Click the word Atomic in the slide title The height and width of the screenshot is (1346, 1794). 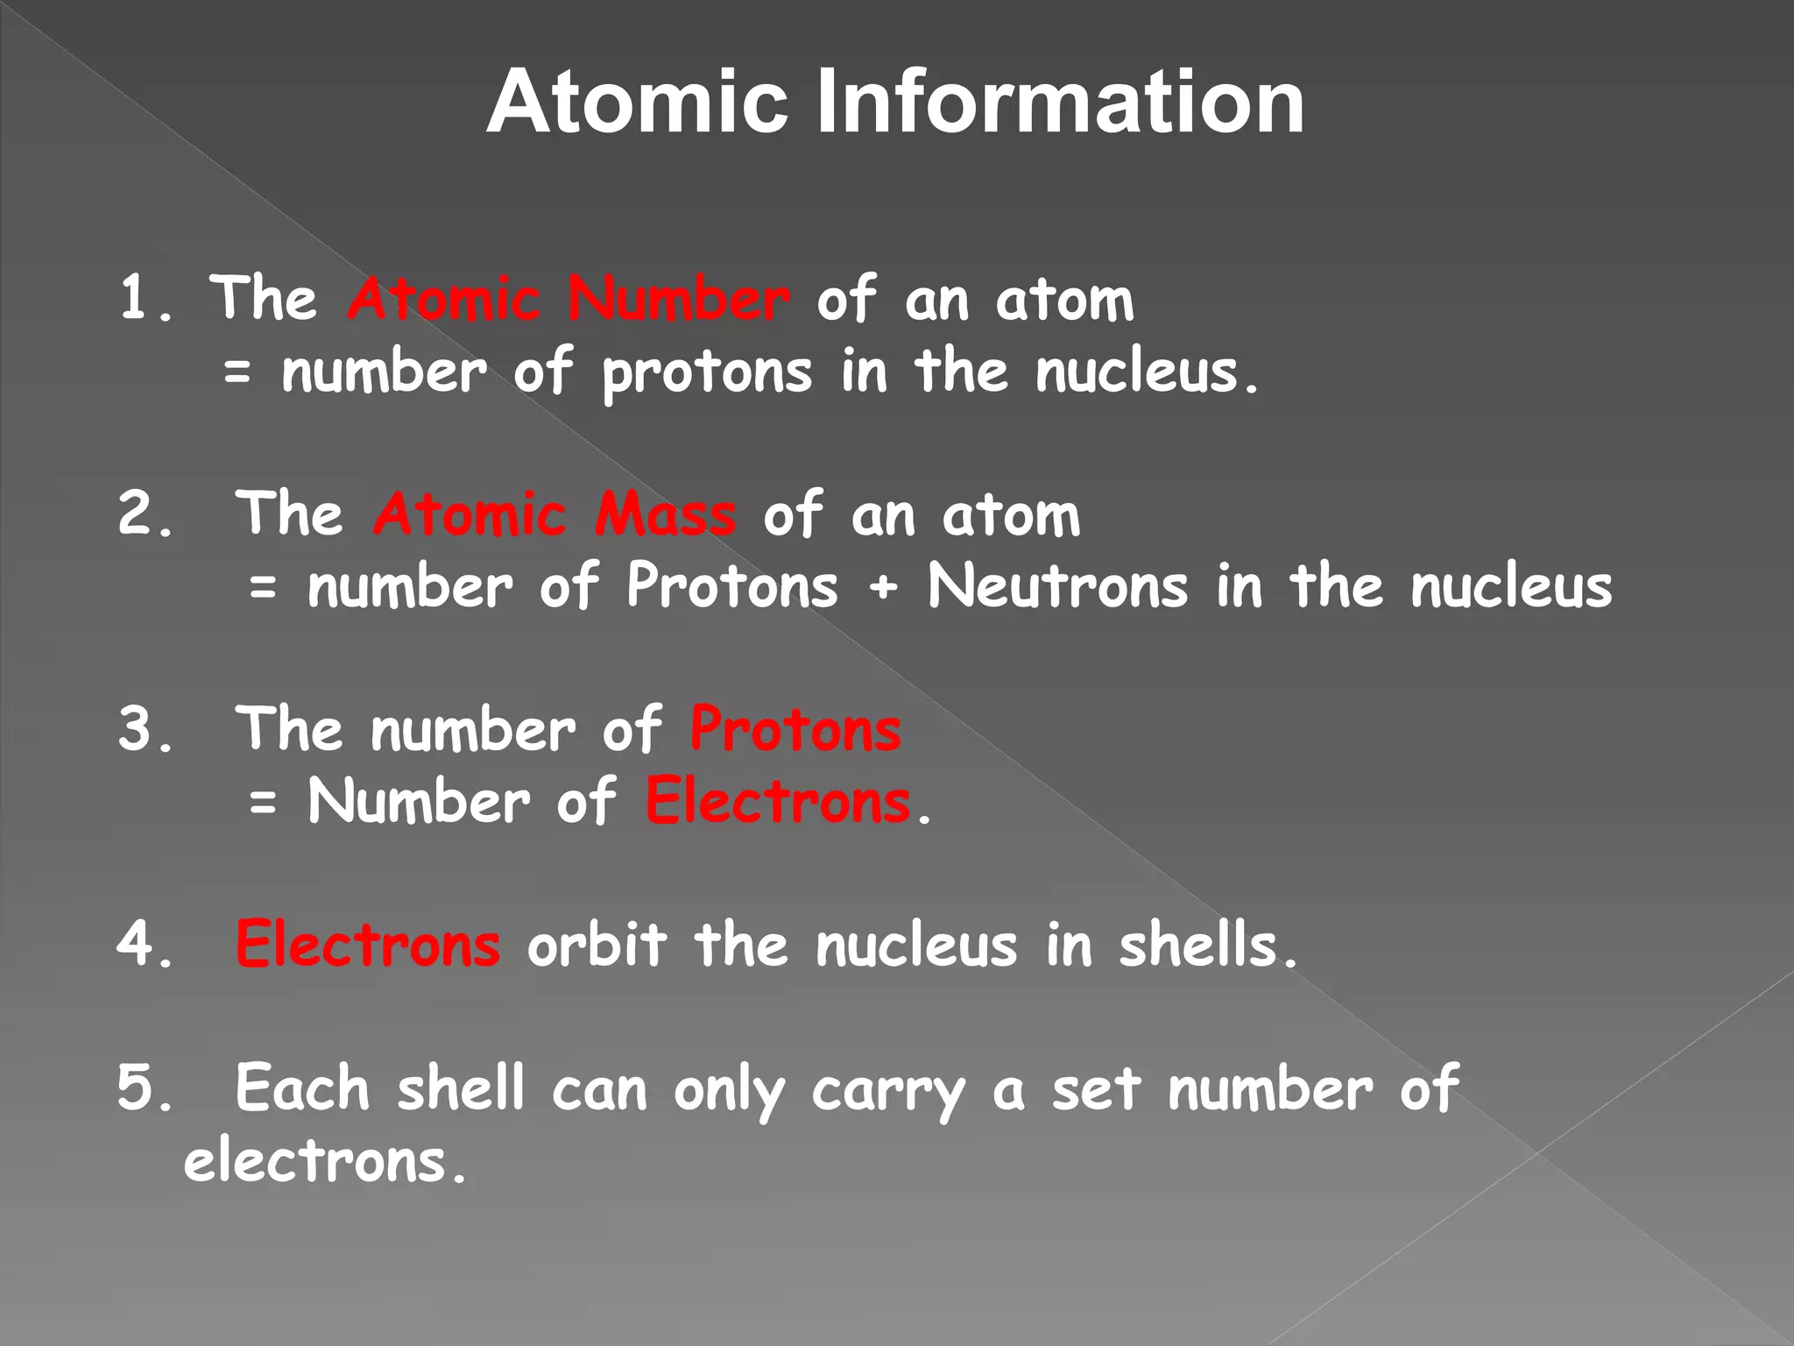(x=638, y=103)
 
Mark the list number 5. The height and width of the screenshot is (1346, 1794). (x=138, y=1088)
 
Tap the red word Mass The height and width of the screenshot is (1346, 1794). (x=665, y=515)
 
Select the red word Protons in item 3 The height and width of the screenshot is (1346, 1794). (x=795, y=729)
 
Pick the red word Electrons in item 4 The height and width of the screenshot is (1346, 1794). (x=368, y=945)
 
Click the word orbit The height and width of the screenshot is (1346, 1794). (x=597, y=945)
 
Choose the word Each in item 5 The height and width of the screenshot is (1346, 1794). (x=302, y=1088)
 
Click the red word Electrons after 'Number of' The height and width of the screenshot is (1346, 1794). (x=778, y=801)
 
